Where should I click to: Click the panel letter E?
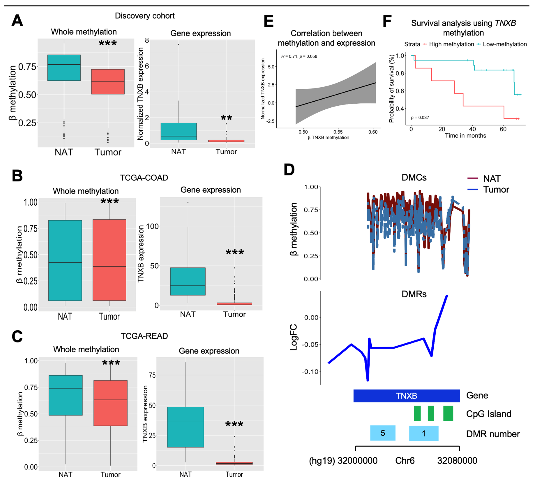coord(269,22)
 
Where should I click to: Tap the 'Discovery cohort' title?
coord(145,16)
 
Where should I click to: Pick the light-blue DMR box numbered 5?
coord(383,433)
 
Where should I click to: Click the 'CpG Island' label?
coord(488,414)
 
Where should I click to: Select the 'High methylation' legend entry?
coord(451,44)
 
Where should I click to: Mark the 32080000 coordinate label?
coord(457,461)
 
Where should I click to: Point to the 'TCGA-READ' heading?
coord(144,336)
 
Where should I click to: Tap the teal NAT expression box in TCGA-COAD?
coord(188,281)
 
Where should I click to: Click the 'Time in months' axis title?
coord(465,136)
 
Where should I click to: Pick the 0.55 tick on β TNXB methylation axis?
coord(338,132)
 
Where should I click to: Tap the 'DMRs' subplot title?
coord(414,294)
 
